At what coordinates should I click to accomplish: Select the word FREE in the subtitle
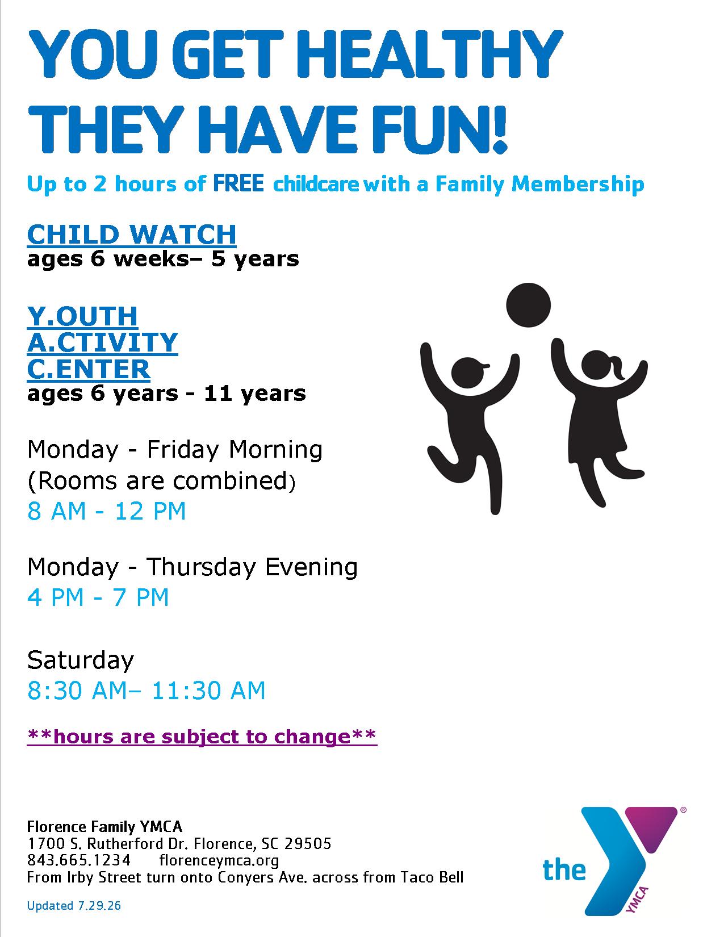238,183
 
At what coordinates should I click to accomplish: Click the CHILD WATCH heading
132,235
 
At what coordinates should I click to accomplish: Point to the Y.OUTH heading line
82,316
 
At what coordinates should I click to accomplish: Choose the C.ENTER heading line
89,369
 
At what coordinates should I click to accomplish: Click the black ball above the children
528,305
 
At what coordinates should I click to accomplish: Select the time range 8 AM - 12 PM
107,512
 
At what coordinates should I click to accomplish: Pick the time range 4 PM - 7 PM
98,597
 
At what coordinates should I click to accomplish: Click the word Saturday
81,660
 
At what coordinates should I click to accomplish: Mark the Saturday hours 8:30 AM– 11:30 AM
146,691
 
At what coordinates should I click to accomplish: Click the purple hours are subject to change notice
202,737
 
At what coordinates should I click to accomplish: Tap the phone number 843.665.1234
79,860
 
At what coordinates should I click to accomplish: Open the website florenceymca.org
219,861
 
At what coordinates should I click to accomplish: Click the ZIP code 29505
307,843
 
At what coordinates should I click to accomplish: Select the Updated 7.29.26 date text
74,906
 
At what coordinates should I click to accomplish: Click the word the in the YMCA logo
564,870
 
